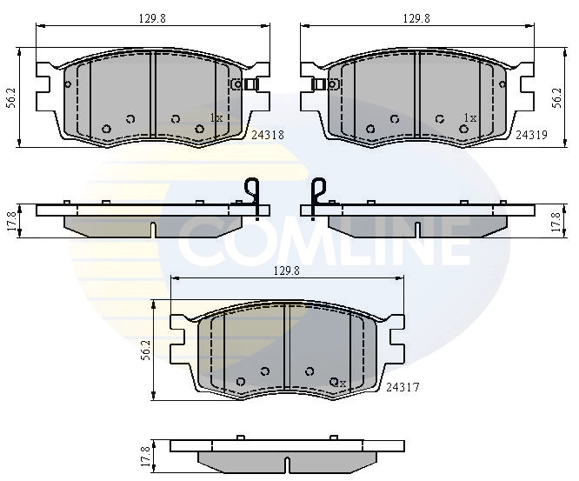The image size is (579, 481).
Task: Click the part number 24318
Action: point(268,135)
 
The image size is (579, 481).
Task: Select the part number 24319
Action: point(531,135)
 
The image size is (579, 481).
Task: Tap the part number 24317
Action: point(403,387)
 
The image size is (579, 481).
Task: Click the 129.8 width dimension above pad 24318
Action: point(152,19)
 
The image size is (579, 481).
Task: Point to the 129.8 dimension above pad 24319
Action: point(416,19)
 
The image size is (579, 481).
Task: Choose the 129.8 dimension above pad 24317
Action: point(287,271)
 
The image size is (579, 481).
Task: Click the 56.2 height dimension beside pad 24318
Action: point(11,97)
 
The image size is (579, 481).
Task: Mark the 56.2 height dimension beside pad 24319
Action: point(557,97)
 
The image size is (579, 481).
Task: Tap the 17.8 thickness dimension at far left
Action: point(11,221)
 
